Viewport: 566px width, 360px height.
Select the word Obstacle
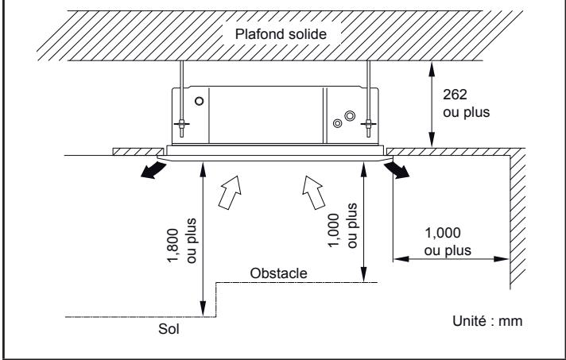tap(279, 273)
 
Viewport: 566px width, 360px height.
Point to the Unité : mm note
tap(484, 322)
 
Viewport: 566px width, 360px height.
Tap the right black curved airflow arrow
tap(400, 168)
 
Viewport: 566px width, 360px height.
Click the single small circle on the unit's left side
tap(199, 101)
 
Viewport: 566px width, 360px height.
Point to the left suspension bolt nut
tap(181, 125)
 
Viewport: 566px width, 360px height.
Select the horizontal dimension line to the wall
tap(451, 257)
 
